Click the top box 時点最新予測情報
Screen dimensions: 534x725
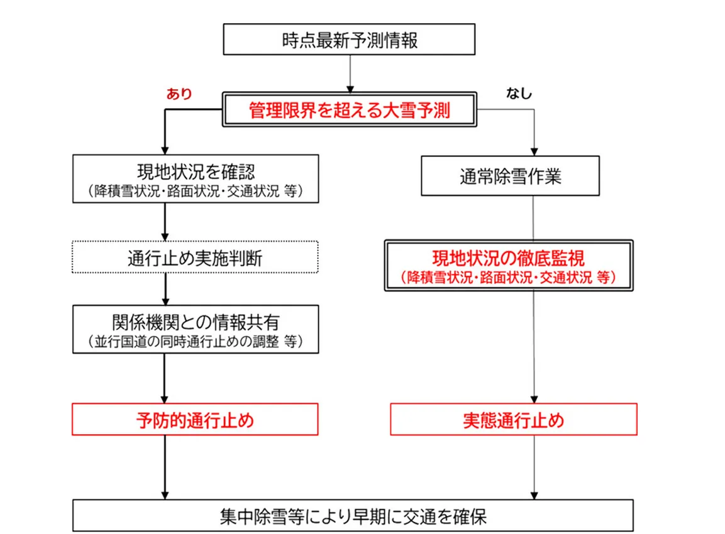click(349, 40)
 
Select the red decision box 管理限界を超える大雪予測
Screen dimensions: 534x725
click(349, 111)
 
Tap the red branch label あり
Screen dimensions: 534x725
click(179, 94)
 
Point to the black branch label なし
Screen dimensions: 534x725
click(519, 94)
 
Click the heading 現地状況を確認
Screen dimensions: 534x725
click(195, 172)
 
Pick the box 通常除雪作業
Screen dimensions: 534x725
click(510, 177)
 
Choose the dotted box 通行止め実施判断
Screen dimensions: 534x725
click(196, 257)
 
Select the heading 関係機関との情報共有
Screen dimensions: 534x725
click(196, 322)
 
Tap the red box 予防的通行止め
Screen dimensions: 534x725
click(196, 420)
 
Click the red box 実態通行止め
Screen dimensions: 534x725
click(513, 420)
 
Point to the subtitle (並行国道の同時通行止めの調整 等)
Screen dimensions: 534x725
click(196, 341)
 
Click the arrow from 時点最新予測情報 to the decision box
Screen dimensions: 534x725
click(349, 74)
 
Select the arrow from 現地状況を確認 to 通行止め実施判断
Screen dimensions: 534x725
click(165, 222)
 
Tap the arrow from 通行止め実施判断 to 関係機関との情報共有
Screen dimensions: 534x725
click(165, 289)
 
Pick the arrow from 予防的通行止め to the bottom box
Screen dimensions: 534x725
click(165, 467)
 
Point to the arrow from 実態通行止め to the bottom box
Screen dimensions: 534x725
click(534, 467)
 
